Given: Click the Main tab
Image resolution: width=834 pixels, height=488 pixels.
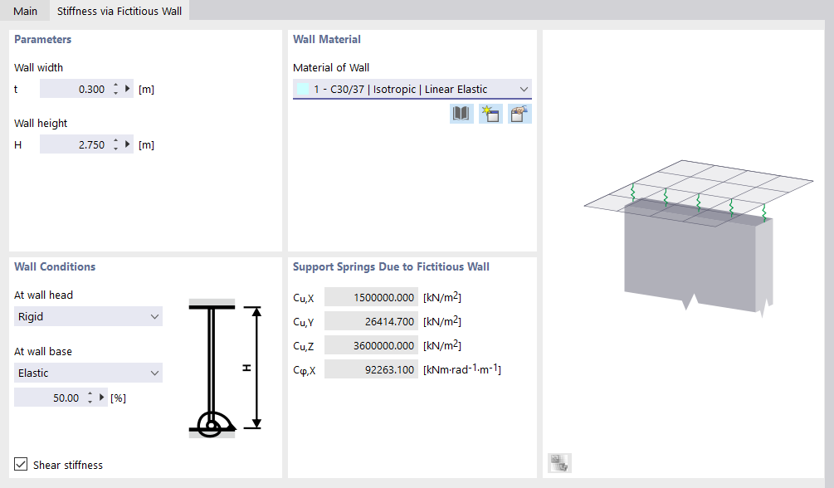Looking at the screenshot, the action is pos(25,11).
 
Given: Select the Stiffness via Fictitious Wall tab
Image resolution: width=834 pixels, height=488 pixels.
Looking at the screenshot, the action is pos(119,11).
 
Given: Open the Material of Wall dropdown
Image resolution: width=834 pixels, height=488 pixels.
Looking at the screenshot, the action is pos(412,90).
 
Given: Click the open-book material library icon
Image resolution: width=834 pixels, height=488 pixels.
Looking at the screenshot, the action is pos(461,114).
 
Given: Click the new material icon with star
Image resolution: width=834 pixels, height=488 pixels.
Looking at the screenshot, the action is pos(490,114).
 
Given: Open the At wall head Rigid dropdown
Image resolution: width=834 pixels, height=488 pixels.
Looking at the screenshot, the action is pos(88,317).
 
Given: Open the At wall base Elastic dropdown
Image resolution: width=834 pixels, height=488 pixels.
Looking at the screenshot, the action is pos(88,373).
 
